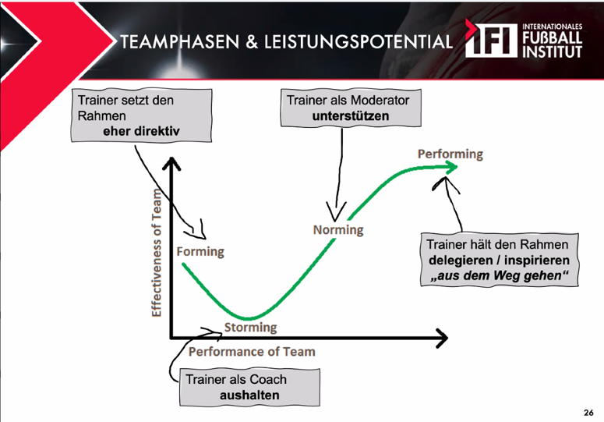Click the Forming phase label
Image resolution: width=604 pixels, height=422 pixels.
tap(200, 252)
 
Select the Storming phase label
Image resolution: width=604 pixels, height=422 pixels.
tap(250, 327)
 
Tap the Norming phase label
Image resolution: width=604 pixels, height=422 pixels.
tap(338, 229)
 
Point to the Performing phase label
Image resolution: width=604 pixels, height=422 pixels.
tap(450, 154)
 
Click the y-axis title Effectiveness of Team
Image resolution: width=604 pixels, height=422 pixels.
tap(156, 254)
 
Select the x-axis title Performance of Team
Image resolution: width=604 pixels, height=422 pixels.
tap(252, 352)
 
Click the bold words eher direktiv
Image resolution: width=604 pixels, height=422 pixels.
tap(141, 131)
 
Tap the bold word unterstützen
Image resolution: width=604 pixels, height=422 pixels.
tap(351, 115)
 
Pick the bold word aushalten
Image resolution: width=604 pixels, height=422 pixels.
tap(249, 395)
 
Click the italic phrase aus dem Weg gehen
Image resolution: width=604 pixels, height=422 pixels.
tap(500, 275)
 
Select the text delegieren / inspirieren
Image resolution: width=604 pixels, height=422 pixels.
tap(500, 260)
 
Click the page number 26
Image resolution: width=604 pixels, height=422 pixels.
tap(588, 413)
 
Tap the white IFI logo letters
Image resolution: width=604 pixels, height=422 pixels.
tap(492, 40)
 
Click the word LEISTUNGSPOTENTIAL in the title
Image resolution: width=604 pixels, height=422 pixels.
tap(359, 41)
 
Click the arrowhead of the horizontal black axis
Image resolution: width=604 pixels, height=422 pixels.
tap(441, 338)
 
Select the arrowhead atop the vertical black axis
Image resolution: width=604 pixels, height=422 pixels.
tap(171, 163)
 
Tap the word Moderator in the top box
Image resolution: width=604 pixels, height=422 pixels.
tap(380, 100)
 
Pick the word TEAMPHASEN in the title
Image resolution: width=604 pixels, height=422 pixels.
tap(179, 41)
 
